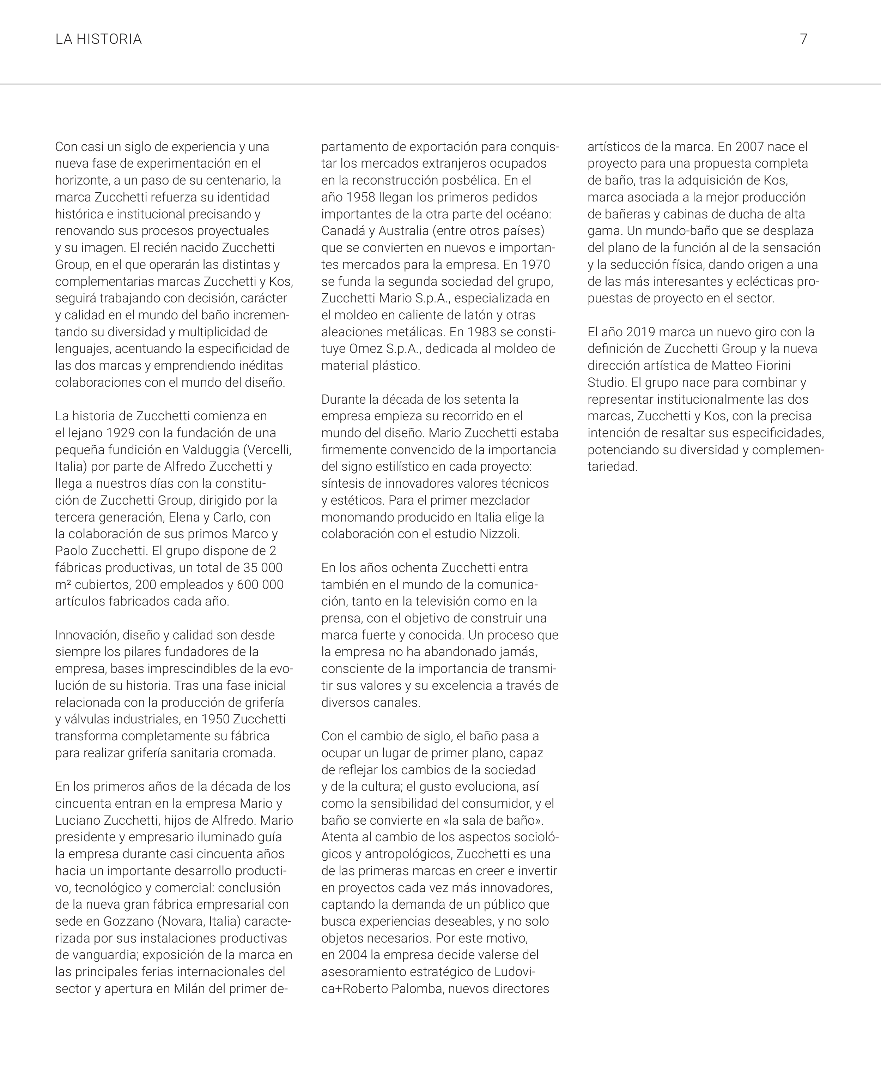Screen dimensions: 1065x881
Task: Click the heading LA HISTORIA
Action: [98, 39]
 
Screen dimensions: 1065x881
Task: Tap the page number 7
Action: [803, 39]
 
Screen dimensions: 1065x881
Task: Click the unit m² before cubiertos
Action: [63, 585]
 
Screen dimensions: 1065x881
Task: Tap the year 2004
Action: [352, 955]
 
